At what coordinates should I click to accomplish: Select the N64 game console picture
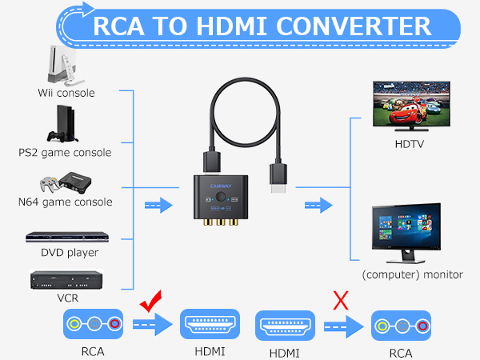point(65,182)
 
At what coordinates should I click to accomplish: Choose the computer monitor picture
point(408,234)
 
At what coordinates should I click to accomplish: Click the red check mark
point(151,304)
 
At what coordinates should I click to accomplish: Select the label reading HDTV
point(409,145)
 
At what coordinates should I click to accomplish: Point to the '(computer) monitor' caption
point(412,274)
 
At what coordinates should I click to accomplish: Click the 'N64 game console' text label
point(65,202)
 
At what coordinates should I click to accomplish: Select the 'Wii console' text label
point(65,93)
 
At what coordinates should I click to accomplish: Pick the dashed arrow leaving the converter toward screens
point(318,206)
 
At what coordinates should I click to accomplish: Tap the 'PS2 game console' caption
point(65,152)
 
